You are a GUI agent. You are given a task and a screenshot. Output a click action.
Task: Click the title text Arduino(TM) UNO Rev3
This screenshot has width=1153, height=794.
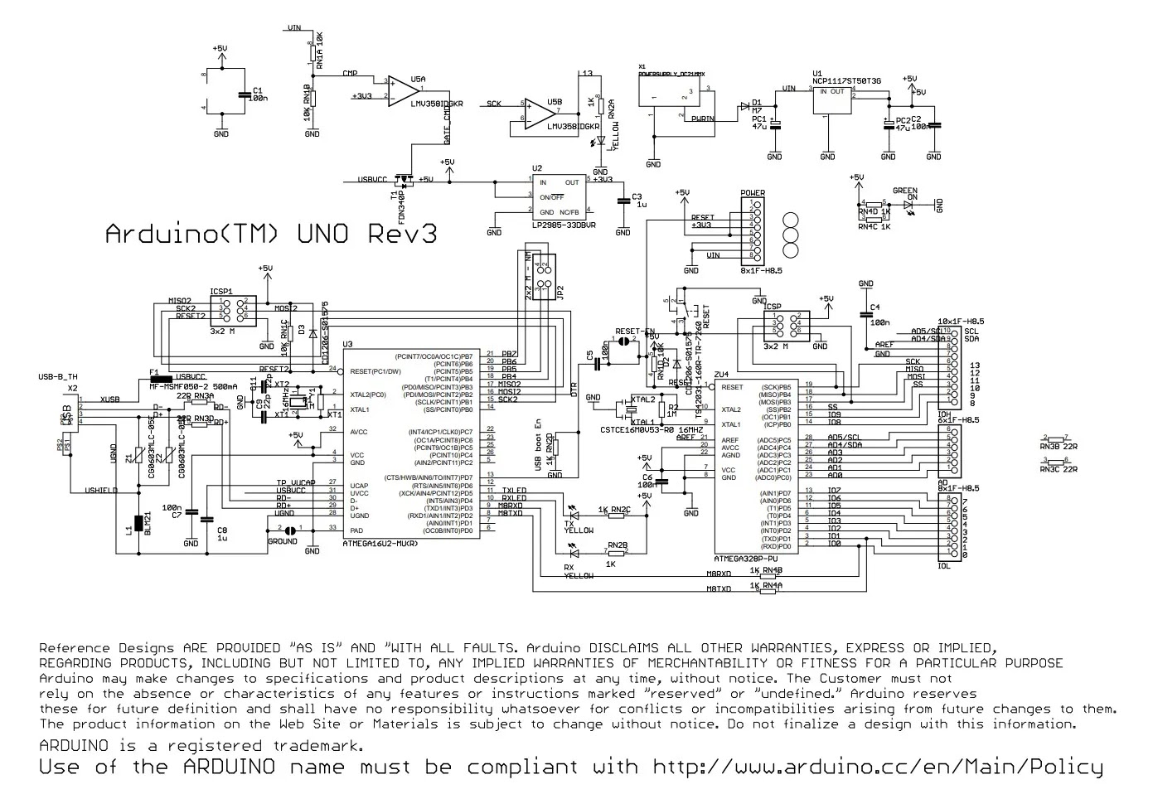click(271, 235)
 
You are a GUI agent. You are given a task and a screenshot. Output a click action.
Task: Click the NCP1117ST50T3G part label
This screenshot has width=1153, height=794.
click(846, 80)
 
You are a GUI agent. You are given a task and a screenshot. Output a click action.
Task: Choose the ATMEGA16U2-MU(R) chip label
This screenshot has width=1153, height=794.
click(380, 545)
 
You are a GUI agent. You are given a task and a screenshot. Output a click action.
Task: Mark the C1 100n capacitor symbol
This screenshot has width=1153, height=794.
click(243, 94)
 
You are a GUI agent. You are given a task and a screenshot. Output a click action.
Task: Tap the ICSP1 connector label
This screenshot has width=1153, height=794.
click(220, 292)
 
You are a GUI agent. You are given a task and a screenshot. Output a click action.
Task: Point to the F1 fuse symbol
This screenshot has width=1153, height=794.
click(166, 380)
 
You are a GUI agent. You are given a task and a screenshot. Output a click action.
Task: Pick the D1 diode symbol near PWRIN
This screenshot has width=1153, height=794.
click(744, 106)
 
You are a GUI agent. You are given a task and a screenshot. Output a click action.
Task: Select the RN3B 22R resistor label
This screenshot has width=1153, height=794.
click(1059, 446)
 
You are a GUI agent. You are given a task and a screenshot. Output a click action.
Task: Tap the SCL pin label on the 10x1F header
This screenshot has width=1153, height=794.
click(971, 331)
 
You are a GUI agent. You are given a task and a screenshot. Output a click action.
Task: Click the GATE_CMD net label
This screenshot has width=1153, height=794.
click(448, 122)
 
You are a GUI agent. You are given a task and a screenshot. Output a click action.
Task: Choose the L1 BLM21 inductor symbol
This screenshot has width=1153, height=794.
click(138, 524)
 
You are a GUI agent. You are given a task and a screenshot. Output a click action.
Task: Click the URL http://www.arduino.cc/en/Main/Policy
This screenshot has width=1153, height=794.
click(878, 767)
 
